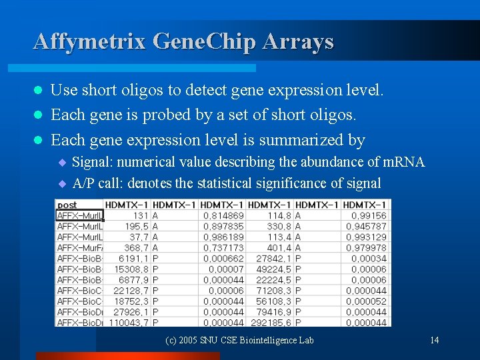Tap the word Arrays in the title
[298, 41]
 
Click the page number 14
[434, 341]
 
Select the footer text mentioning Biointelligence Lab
[239, 341]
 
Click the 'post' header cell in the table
[67, 205]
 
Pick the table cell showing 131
[140, 215]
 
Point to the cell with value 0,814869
[223, 215]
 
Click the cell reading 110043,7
[131, 322]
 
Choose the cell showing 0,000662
[223, 258]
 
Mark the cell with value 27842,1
[272, 258]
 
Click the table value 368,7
[137, 247]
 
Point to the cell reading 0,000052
[366, 301]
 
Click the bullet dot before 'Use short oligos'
[39, 90]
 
